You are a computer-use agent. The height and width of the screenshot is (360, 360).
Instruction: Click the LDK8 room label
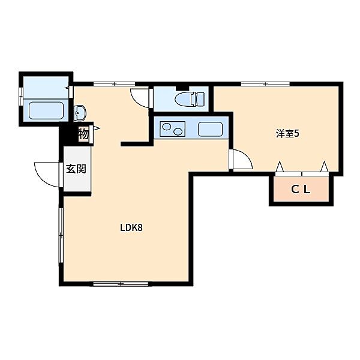[x=131, y=227]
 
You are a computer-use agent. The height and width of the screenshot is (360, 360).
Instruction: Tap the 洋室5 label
[x=287, y=134]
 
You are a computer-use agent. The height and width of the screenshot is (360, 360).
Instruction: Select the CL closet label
[x=301, y=190]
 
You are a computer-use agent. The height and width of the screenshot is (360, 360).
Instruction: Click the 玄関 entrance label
[x=76, y=169]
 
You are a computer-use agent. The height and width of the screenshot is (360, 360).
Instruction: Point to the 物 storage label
[x=83, y=134]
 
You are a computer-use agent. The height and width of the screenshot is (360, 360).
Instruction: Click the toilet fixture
[x=190, y=99]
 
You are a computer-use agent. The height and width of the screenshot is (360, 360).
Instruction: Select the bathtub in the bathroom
[x=46, y=110]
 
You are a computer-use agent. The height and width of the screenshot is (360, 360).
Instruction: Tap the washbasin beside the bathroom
[x=79, y=113]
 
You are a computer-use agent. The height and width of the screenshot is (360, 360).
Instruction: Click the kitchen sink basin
[x=210, y=129]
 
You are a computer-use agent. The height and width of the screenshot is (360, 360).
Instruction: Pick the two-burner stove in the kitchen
[x=173, y=129]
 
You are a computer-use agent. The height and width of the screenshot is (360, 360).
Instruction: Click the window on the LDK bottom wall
[x=121, y=284]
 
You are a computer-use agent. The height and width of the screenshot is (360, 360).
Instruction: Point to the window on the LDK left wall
[x=61, y=235]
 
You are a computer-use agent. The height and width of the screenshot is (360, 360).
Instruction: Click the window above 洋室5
[x=265, y=84]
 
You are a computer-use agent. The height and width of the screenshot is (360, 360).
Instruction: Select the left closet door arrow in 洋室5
[x=280, y=166]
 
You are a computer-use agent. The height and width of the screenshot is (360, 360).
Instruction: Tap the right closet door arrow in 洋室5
[x=324, y=166]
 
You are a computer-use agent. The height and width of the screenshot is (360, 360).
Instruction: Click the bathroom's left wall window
[x=21, y=97]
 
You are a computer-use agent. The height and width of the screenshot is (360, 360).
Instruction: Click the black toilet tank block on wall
[x=182, y=88]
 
